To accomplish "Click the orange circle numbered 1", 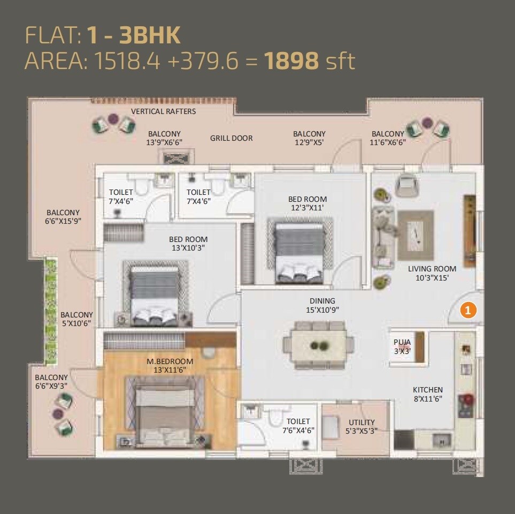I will point(468,309).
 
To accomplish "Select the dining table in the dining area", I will point(319,345).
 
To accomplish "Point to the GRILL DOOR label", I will point(231,138).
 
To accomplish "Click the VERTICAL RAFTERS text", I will point(163,111).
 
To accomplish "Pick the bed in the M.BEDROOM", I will point(164,410).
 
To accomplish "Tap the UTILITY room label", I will point(362,426).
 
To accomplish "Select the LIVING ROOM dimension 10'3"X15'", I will point(432,277).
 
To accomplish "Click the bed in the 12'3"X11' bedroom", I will point(299,252).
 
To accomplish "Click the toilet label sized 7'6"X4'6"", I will point(298,426).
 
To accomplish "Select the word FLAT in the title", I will point(51,35).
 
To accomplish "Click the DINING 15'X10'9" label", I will point(321,305).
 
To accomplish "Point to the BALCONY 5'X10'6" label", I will point(76,319).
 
